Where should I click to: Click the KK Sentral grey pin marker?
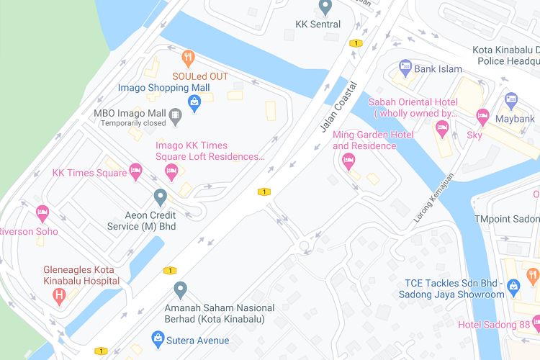pos(325,7)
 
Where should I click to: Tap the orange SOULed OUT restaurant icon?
pos(188,58)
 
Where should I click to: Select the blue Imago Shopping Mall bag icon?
pos(194,103)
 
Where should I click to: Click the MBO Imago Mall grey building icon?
pos(174,114)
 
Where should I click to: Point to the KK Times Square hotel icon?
pos(135,171)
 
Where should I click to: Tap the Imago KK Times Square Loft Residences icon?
pos(171,171)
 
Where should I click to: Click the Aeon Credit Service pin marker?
pos(161,196)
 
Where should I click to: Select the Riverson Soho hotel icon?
pos(42,213)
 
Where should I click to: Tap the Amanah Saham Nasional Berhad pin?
pos(181,290)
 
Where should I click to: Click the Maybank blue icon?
pos(511,100)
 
